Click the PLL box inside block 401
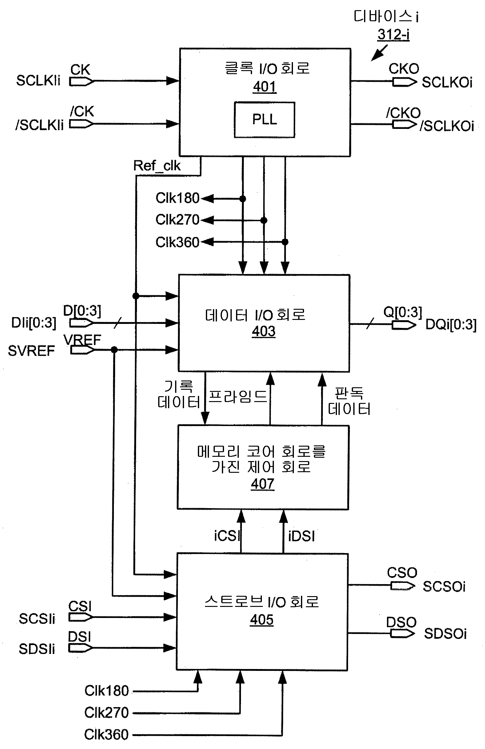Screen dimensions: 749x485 pyautogui.click(x=264, y=120)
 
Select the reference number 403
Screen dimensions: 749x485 pyautogui.click(x=263, y=331)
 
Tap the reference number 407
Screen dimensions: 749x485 pyautogui.click(x=262, y=484)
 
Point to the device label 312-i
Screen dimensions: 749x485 pyautogui.click(x=393, y=35)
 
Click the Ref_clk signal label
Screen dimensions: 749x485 pyautogui.click(x=157, y=165)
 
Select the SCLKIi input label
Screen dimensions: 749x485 pyautogui.click(x=38, y=81)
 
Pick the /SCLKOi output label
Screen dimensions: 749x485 pyautogui.click(x=447, y=126)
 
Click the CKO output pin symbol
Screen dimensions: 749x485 pyautogui.click(x=404, y=82)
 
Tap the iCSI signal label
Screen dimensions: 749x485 pyautogui.click(x=227, y=536)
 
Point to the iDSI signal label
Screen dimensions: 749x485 pyautogui.click(x=301, y=536)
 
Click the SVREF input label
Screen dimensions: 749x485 pyautogui.click(x=31, y=351)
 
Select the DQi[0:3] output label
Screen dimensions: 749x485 pyautogui.click(x=451, y=325)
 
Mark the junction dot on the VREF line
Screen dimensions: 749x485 pyautogui.click(x=114, y=350)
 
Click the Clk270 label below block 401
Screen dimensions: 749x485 pyautogui.click(x=177, y=220)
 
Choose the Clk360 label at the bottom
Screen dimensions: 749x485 pyautogui.click(x=106, y=735)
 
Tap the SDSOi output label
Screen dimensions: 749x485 pyautogui.click(x=445, y=634)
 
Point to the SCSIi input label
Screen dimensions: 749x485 pyautogui.click(x=37, y=619)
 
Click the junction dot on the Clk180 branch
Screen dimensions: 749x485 pyautogui.click(x=242, y=199)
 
